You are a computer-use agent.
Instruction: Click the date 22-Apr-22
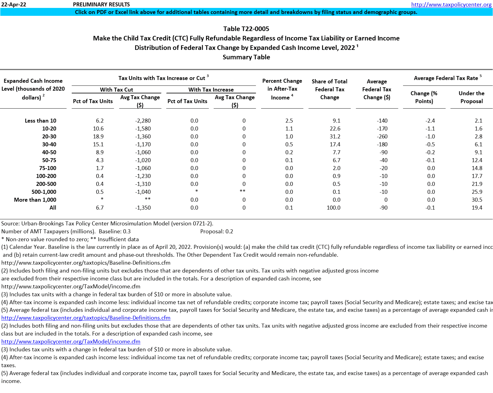coord(14,5)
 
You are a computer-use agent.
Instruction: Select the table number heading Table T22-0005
coord(246,29)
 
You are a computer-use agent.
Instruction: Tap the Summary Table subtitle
coord(246,57)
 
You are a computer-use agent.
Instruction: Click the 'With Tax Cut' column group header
coord(116,90)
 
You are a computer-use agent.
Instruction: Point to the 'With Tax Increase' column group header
coord(211,90)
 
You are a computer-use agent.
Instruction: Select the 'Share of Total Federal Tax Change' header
coord(329,89)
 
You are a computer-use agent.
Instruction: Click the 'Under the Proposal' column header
coord(471,97)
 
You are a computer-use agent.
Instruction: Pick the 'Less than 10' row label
coord(40,121)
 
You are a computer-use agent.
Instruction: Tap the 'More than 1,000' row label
coord(35,200)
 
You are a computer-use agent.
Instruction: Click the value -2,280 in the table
coord(143,121)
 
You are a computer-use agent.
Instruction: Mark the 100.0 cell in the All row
coord(333,208)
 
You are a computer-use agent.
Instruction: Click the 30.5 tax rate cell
coord(477,200)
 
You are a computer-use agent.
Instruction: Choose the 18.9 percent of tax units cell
coord(98,137)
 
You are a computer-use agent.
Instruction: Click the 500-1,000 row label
coord(44,192)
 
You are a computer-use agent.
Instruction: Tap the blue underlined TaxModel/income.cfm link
coord(71,342)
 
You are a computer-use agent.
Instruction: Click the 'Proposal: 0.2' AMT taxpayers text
coord(217,231)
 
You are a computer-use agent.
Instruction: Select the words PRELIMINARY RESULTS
coord(101,5)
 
